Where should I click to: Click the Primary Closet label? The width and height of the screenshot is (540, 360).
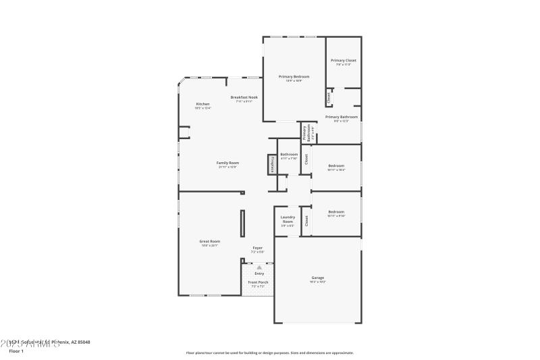343,61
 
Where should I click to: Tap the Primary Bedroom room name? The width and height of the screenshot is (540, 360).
294,77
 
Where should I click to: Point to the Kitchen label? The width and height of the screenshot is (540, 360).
202,104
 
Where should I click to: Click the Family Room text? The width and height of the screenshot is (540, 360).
227,163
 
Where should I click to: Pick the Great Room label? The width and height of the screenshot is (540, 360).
209,241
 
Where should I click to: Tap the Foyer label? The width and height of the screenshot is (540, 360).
257,248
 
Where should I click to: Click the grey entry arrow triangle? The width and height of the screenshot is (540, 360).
259,267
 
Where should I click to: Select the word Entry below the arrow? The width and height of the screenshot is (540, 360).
259,274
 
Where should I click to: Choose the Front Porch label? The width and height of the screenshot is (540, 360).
258,282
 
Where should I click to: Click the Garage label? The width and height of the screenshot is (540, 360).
317,278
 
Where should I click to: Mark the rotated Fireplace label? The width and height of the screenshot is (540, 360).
272,164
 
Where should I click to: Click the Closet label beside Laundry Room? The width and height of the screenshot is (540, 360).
306,220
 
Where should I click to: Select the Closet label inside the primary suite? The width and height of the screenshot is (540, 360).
329,98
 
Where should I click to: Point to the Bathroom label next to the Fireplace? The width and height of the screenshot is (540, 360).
289,155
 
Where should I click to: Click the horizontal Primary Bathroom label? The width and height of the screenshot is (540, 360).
341,117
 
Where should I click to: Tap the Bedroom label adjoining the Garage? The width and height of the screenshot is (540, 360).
335,211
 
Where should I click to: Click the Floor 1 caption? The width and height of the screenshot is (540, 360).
16,351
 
